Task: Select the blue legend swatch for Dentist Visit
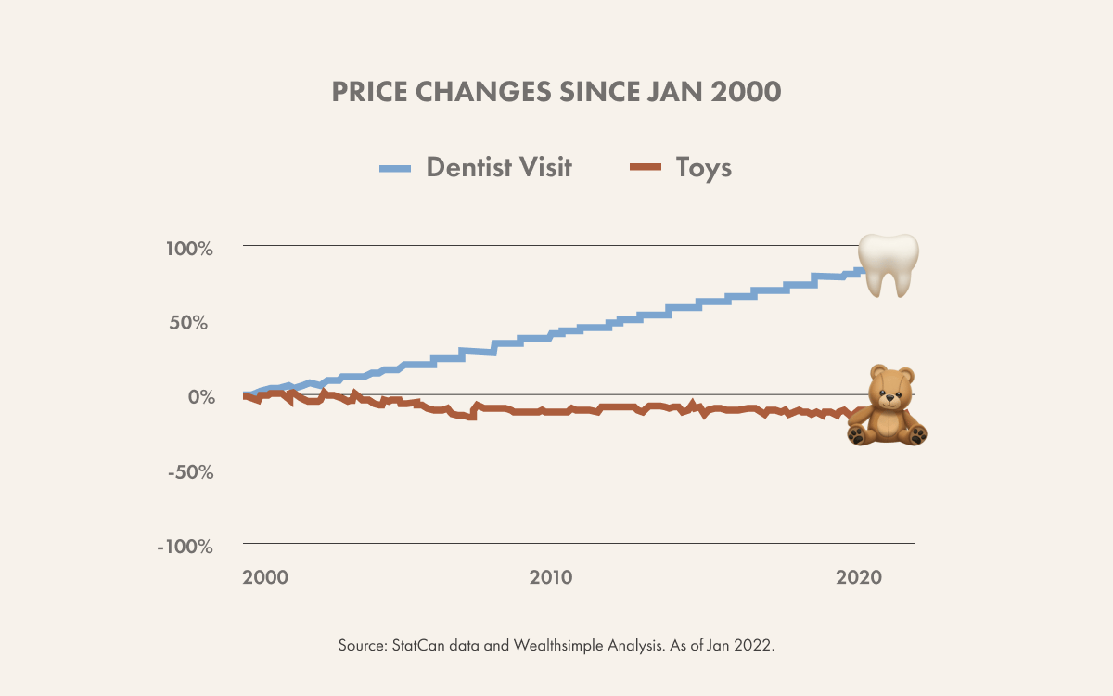[395, 168]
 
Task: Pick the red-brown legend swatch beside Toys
[646, 168]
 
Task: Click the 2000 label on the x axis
[265, 576]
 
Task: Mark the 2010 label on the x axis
[552, 576]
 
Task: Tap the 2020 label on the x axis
[858, 576]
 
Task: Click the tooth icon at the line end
[888, 264]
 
